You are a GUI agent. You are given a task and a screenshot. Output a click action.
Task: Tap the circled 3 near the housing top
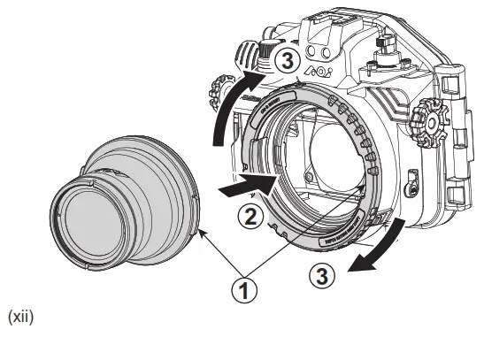284,61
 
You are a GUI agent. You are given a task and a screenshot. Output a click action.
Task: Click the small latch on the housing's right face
410,187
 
